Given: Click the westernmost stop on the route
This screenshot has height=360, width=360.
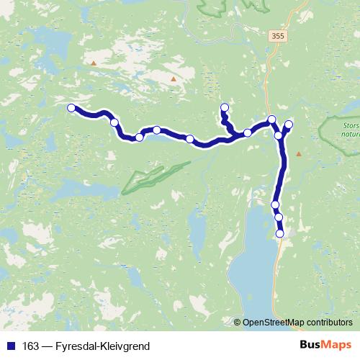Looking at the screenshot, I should coord(71,108).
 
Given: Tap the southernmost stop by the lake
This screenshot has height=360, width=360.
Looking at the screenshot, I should coord(280,233).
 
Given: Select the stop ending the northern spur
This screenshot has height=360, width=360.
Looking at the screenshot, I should coord(224,108).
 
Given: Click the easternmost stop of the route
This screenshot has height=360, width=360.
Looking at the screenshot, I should coord(289,125).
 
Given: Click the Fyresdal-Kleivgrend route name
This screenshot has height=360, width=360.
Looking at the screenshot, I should coord(102,346).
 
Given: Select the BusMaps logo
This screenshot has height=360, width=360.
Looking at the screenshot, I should coord(325,346).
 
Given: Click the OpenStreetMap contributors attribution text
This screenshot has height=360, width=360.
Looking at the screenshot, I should coord(297,323).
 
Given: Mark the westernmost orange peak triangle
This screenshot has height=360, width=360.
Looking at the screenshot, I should coord(93,63).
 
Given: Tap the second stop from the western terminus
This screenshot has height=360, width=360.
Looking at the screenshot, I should coord(114,122).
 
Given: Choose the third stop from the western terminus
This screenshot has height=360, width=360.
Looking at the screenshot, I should coord(139,137).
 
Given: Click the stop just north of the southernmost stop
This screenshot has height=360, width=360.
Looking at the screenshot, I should coord(278,217).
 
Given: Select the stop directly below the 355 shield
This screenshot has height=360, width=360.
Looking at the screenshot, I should coord(271,120).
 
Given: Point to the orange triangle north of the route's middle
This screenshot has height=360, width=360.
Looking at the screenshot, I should coord(173,78).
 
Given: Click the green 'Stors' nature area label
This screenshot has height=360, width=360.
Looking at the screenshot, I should coord(348,130).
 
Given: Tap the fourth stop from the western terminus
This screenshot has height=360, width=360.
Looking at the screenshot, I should coord(156,130).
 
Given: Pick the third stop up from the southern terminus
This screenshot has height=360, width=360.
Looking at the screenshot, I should coord(275,205).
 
